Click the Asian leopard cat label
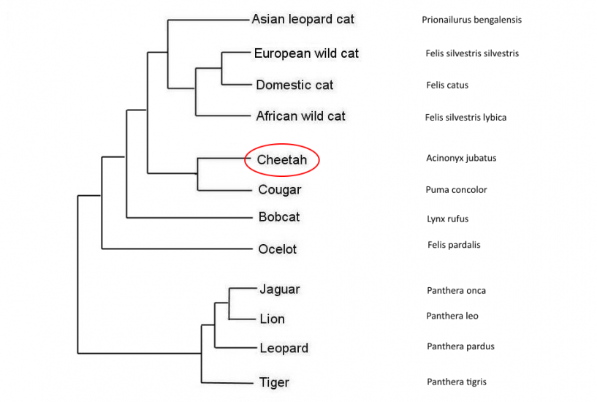[303, 20]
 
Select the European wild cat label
[306, 53]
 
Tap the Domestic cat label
[294, 85]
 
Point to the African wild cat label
[300, 116]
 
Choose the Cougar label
[279, 190]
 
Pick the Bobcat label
[278, 217]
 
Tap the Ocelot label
[278, 249]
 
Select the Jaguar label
[279, 289]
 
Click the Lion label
[272, 319]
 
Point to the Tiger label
[274, 382]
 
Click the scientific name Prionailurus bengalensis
[471, 20]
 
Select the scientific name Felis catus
[447, 85]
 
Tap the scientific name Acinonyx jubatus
[461, 158]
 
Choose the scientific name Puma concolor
[456, 190]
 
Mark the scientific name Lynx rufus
[447, 219]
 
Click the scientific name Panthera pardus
[460, 346]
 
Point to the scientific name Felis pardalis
[454, 245]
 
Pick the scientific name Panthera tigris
[456, 382]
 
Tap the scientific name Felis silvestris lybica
[465, 117]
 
